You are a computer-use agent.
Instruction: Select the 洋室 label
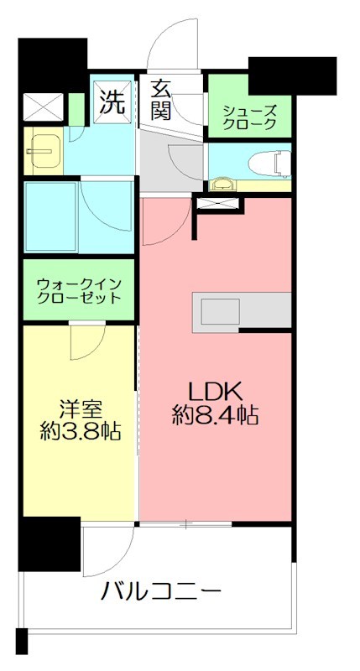pos(80,409)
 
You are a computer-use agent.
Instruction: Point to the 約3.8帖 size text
pos(80,432)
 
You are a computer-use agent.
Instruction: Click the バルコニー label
pos(161,592)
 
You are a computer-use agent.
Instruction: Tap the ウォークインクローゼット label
pos(78,290)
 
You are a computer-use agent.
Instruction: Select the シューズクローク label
pos(249,117)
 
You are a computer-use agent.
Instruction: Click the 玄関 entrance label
pos(162,99)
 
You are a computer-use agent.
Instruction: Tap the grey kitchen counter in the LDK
pos(242,311)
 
